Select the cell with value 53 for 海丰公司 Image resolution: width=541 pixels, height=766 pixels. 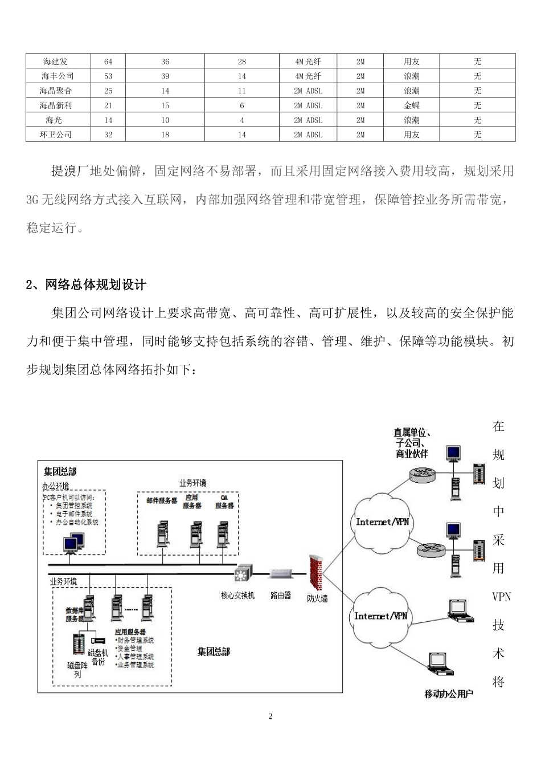pos(108,76)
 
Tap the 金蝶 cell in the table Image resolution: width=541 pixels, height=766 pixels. pos(412,105)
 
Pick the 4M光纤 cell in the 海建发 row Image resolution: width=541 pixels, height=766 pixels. pos(308,62)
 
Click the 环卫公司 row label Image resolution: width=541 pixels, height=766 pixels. pos(56,135)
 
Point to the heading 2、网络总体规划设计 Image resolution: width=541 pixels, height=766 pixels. pos(86,285)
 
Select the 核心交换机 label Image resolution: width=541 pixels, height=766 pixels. pos(238,596)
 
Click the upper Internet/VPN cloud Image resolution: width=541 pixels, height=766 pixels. pos(382,521)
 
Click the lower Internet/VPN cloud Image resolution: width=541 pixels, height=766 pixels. pos(380,616)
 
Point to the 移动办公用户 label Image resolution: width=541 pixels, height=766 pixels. pos(449,694)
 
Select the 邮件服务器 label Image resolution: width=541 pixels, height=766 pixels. pos(162,501)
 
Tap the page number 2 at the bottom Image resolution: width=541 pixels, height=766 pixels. pos(270,716)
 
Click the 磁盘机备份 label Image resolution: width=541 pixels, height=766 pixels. pos(98,657)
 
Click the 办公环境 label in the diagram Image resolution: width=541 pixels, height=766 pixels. pos(56,486)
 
